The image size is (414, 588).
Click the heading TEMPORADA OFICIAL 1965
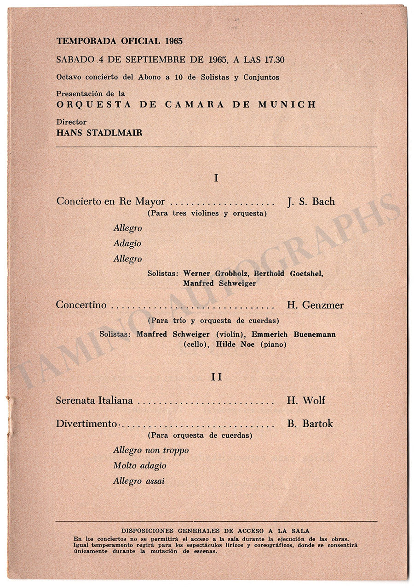tap(120, 41)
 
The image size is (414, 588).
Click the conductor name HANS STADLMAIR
tap(99, 133)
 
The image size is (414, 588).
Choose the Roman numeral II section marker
tap(216, 377)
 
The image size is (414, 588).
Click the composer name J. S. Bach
tap(311, 201)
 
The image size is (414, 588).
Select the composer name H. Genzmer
tap(315, 305)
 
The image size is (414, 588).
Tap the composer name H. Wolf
tap(306, 401)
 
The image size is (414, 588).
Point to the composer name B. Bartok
tap(310, 424)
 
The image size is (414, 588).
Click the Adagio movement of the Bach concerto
tap(127, 243)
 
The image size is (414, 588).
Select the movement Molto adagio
tap(140, 466)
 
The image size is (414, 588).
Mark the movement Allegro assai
tap(139, 481)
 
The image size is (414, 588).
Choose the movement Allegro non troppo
tap(151, 450)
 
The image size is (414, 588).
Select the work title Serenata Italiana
tap(94, 401)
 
